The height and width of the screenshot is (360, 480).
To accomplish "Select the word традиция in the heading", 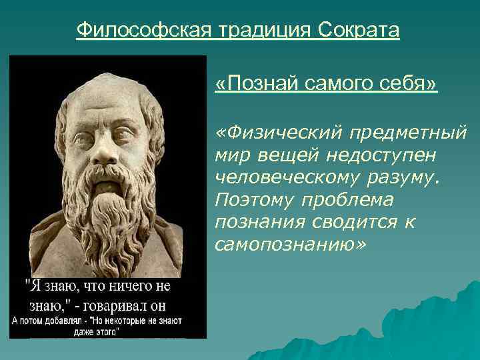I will point(260,30).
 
